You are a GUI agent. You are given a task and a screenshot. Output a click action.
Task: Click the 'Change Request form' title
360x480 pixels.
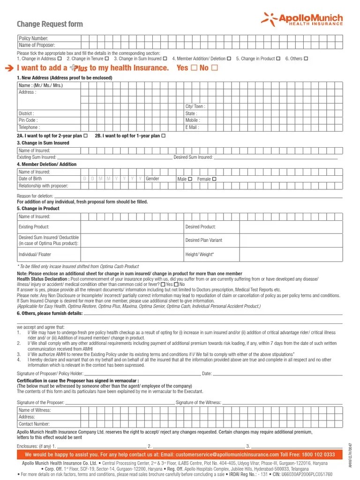[50, 24]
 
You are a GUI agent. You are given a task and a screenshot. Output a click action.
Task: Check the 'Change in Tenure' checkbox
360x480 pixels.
[107, 59]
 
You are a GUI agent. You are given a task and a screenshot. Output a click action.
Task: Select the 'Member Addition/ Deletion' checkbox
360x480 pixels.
[229, 59]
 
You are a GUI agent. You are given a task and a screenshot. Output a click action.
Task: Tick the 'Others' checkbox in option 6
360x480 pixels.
[306, 59]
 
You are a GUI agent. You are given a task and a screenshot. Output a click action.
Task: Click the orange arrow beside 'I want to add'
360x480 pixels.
[10, 68]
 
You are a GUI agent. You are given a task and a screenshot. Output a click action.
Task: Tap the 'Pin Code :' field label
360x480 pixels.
[28, 120]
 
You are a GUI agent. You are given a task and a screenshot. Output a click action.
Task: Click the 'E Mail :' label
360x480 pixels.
[192, 127]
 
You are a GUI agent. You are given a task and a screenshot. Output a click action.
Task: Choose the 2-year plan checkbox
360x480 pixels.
[85, 136]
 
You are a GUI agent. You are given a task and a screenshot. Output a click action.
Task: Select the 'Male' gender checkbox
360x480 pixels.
[190, 179]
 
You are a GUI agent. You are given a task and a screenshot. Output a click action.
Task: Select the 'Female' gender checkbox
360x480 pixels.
[214, 179]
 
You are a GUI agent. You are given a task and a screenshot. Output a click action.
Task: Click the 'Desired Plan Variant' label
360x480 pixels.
[203, 240]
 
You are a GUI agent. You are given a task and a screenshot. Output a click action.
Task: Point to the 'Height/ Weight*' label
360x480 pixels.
[200, 254]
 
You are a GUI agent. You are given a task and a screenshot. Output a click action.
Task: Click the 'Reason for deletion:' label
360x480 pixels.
[35, 196]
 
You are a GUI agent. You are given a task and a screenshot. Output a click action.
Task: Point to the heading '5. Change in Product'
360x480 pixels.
[38, 209]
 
